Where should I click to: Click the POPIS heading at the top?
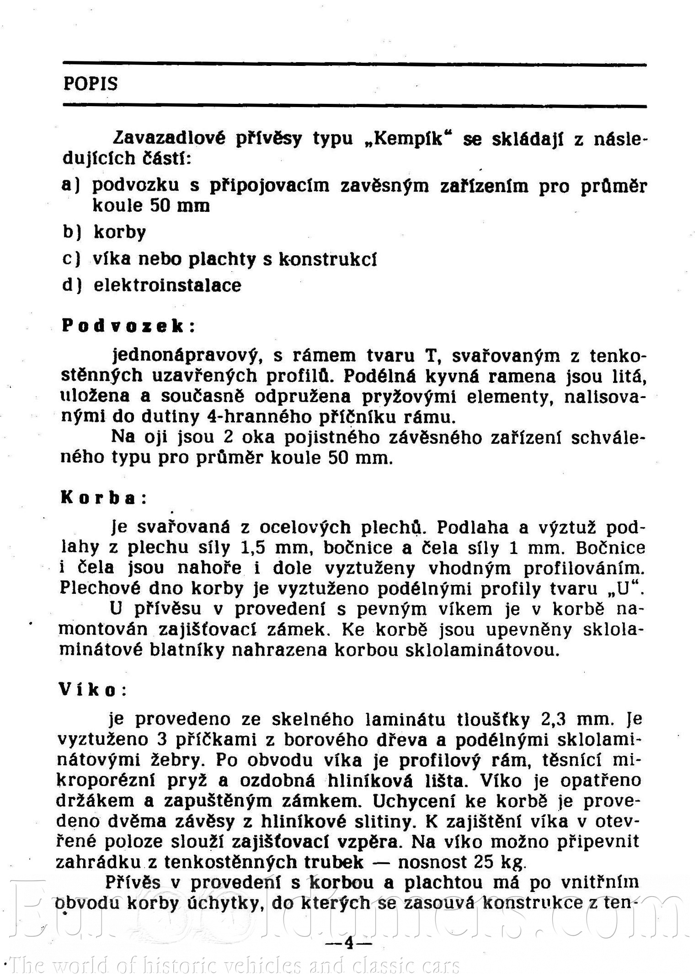(91, 84)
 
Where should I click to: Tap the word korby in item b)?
(120, 232)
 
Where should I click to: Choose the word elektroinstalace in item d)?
(167, 285)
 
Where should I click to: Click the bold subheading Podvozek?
(128, 326)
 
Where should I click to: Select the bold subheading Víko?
(92, 689)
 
